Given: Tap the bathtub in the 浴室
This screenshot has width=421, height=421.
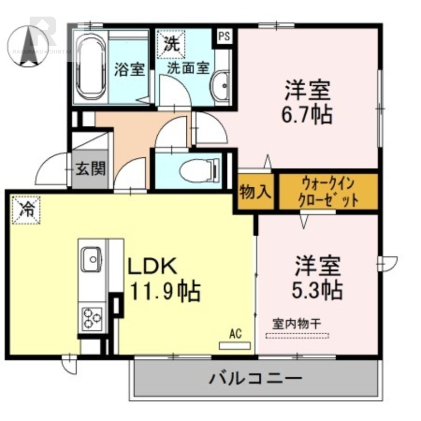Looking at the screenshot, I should [x=89, y=67].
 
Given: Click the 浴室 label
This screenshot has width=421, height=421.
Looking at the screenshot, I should [x=129, y=69].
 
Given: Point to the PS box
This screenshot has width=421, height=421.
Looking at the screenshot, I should [x=224, y=36].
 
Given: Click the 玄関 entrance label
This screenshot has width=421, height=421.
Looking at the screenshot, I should [x=91, y=169].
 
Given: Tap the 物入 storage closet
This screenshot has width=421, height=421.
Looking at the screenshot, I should [x=255, y=192].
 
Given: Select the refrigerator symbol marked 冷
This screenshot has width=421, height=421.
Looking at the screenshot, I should [x=25, y=209].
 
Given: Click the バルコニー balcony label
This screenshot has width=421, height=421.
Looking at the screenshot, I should [x=256, y=378].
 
